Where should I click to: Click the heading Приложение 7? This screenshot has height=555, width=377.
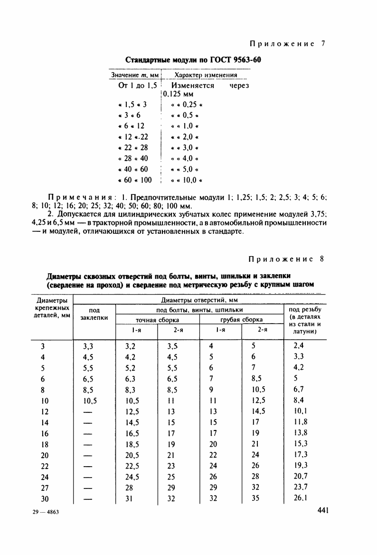click(x=288, y=44)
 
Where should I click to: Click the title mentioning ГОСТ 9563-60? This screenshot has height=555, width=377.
click(x=193, y=60)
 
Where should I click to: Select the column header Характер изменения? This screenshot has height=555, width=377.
click(x=206, y=75)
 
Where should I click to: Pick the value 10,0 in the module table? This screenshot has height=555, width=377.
click(x=190, y=180)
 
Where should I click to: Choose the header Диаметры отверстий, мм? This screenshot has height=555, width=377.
click(x=199, y=300)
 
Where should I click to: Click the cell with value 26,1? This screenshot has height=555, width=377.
click(x=301, y=498)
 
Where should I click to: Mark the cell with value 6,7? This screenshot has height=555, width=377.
click(x=300, y=390)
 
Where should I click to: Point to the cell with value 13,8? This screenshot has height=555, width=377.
click(x=301, y=433)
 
